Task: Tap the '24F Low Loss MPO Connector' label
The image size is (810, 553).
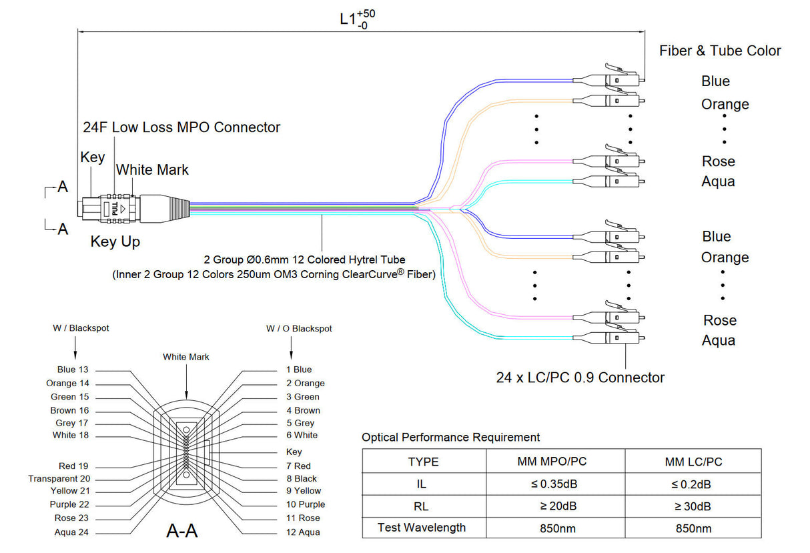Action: (x=181, y=127)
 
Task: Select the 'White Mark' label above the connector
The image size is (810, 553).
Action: (x=152, y=170)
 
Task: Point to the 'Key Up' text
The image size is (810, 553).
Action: (x=115, y=241)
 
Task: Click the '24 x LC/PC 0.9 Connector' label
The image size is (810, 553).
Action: (x=580, y=378)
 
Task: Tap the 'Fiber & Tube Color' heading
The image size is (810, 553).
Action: (x=719, y=51)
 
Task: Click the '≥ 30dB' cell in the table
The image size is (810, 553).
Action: (x=693, y=506)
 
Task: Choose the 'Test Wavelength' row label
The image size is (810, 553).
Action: (x=422, y=528)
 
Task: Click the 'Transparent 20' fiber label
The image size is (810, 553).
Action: (x=59, y=478)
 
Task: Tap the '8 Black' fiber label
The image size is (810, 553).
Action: (x=302, y=478)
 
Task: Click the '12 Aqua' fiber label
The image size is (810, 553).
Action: (x=303, y=532)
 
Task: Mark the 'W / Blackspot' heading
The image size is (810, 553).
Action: (x=81, y=328)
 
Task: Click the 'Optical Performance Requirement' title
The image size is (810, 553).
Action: (x=450, y=438)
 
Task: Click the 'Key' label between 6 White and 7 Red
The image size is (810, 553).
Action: (x=294, y=452)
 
